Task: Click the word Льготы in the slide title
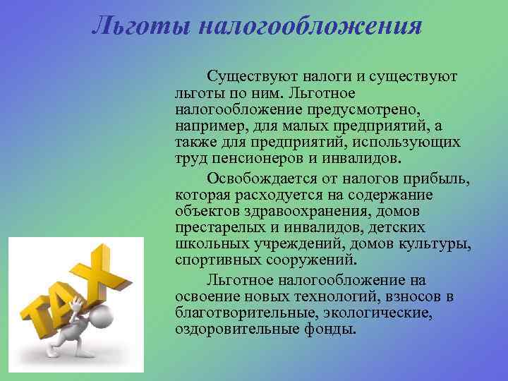[x=142, y=26]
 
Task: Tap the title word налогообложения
[x=310, y=27]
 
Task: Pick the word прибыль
[x=437, y=179]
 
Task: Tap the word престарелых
[x=222, y=227]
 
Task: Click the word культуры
[x=439, y=243]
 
